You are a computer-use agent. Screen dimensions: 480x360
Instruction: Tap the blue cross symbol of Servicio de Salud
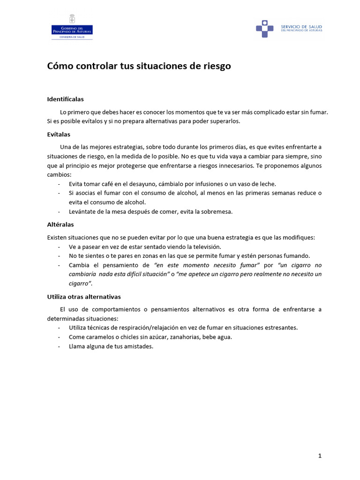pos(264,29)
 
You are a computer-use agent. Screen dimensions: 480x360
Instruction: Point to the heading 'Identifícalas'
pos(65,99)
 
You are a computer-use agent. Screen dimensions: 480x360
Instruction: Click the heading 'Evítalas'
pos(59,135)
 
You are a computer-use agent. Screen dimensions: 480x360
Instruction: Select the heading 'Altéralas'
pos(60,225)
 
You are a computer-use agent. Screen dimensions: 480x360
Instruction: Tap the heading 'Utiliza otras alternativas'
pos(84,297)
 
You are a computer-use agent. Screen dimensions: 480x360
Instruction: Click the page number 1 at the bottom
pos(320,456)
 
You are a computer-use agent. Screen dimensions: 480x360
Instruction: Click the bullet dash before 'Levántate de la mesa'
pos(59,211)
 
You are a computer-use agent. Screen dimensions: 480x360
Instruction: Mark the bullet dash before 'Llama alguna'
pos(59,346)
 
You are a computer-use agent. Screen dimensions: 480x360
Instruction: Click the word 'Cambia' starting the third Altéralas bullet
pos(78,265)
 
